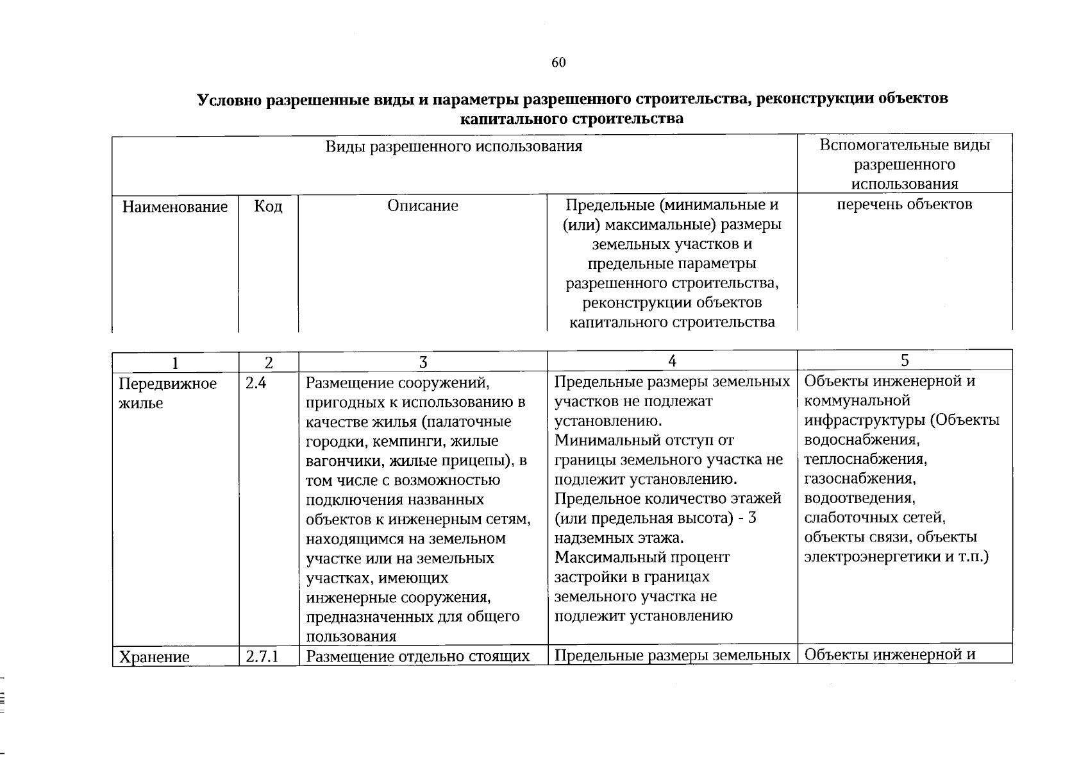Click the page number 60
[558, 62]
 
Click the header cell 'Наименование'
[174, 207]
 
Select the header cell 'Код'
[268, 207]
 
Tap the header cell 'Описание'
[423, 206]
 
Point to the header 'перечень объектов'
[905, 205]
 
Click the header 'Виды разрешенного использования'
[453, 146]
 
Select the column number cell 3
[423, 363]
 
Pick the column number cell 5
[905, 361]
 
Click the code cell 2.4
[255, 384]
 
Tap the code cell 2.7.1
[261, 657]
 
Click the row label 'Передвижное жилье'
[168, 393]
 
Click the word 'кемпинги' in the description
[410, 442]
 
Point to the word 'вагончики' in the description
[342, 461]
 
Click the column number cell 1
[175, 363]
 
